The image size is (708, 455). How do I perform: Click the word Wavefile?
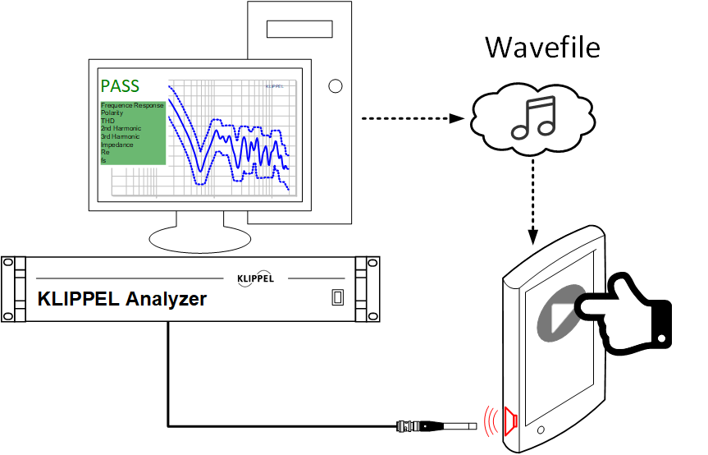(x=542, y=47)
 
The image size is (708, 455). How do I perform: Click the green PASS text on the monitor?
(x=120, y=85)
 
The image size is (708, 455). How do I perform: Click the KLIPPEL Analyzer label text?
(x=122, y=299)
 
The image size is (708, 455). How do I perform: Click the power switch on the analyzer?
(x=336, y=297)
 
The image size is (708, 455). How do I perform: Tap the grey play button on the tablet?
(x=560, y=311)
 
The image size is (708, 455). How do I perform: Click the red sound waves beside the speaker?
(x=492, y=420)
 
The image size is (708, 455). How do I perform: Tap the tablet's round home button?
(x=540, y=430)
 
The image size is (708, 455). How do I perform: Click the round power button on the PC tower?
(x=334, y=85)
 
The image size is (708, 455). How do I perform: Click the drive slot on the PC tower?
(x=299, y=30)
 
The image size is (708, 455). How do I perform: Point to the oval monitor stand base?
(x=199, y=237)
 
